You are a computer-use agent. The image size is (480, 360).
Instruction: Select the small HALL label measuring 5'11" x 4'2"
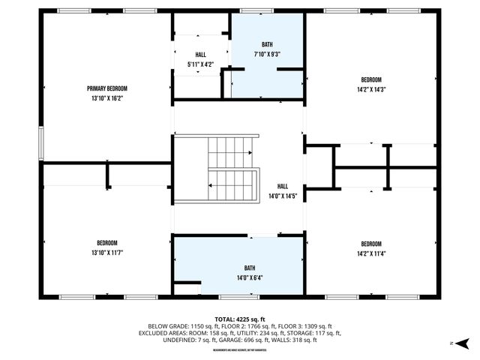(x=200, y=55)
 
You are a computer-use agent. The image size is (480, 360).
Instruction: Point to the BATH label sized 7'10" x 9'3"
(x=268, y=45)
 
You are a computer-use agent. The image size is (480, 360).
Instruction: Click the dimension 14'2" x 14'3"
(x=371, y=88)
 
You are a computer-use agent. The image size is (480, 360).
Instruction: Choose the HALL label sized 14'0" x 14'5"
(x=283, y=187)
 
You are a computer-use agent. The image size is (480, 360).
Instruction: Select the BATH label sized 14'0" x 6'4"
(x=249, y=268)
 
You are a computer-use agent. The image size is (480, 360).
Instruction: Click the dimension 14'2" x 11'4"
(x=371, y=253)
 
